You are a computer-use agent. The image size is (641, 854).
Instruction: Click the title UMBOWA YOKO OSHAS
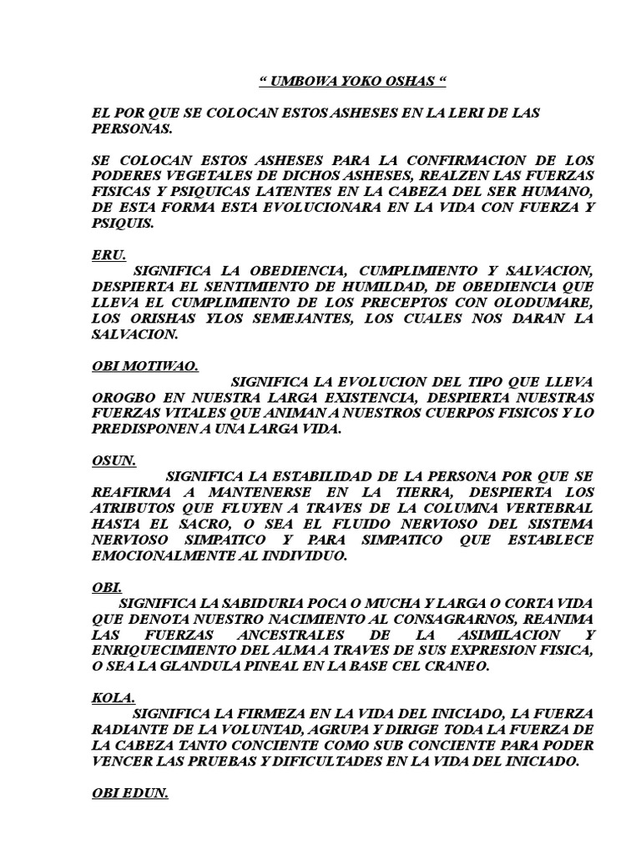point(350,83)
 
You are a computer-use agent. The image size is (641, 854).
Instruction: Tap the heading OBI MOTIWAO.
point(143,365)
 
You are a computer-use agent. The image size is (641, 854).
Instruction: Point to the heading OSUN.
point(114,459)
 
